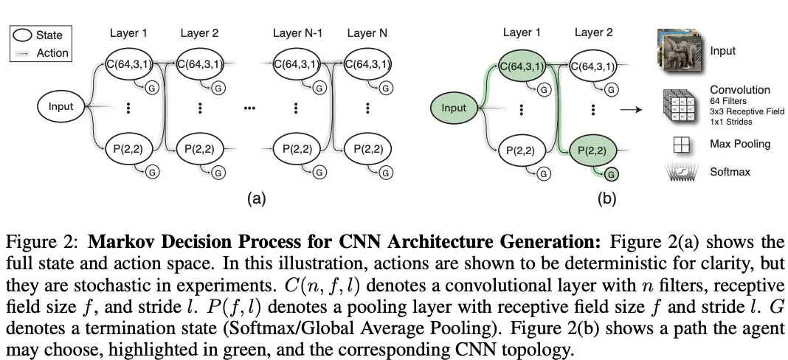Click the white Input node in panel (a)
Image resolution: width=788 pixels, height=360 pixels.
pyautogui.click(x=61, y=107)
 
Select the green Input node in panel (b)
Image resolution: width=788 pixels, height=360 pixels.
pyautogui.click(x=454, y=108)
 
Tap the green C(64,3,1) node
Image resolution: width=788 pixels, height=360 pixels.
pyautogui.click(x=522, y=66)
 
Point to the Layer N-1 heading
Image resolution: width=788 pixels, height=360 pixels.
pyautogui.click(x=297, y=33)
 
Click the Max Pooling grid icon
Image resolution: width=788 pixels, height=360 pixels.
pyautogui.click(x=682, y=145)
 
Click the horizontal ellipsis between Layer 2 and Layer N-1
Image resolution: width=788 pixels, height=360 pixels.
pyautogui.click(x=249, y=108)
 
